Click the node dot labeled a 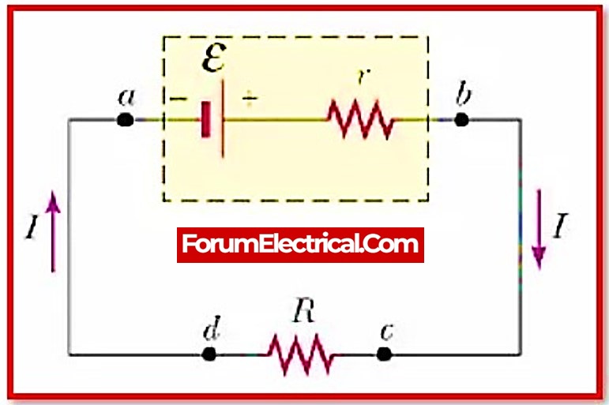124,120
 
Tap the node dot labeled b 462,120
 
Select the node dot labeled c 384,354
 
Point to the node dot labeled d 209,354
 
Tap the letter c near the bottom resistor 386,332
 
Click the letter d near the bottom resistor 210,330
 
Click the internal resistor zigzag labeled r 361,120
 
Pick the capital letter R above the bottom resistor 302,311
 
